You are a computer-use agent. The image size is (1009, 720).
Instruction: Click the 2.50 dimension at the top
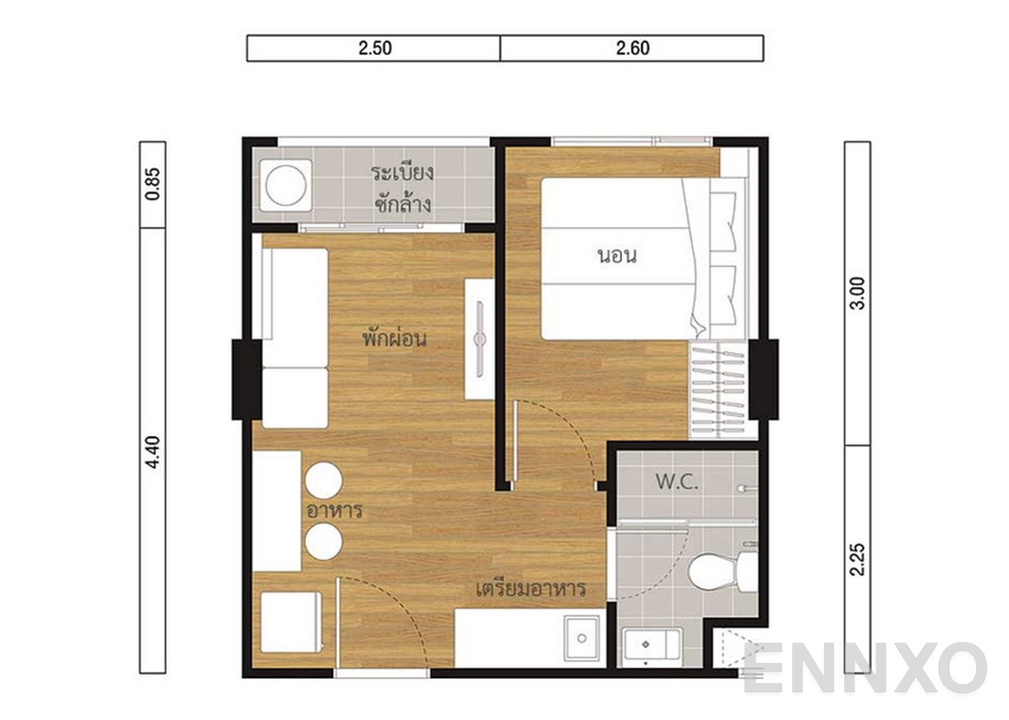(x=374, y=49)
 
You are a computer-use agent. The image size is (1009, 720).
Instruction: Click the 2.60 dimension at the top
(x=632, y=49)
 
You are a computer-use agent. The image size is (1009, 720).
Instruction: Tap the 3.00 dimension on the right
(x=857, y=294)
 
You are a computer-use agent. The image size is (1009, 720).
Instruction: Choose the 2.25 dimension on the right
(x=857, y=558)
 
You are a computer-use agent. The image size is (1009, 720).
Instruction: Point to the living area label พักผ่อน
(x=395, y=339)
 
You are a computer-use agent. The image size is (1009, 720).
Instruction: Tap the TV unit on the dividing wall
(x=480, y=339)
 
